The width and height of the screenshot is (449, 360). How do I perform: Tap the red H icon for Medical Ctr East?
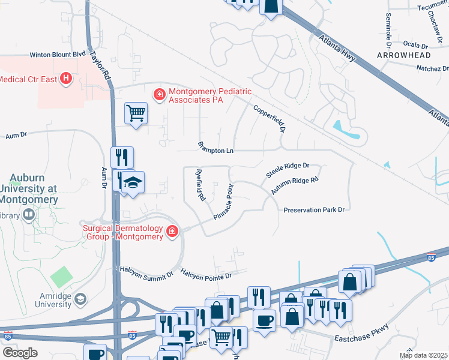(66, 78)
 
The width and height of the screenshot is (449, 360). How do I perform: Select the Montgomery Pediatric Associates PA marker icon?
(160, 94)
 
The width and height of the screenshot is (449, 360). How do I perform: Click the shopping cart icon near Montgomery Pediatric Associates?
(136, 112)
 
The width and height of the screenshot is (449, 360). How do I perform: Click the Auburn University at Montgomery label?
(34, 189)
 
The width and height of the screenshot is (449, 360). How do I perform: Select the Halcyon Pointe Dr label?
(206, 275)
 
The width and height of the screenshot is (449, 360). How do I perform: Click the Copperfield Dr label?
(268, 119)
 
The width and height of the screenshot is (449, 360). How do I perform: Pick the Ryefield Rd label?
(200, 184)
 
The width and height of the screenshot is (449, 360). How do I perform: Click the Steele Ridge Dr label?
(288, 169)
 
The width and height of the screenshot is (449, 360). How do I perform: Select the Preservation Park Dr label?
(314, 209)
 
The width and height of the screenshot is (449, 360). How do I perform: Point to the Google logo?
(20, 352)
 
